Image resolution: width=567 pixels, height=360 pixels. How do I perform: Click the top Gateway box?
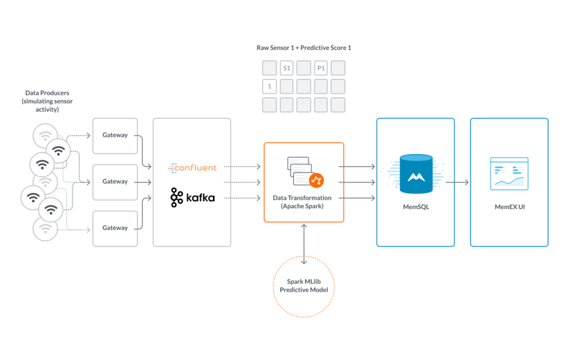click(x=115, y=135)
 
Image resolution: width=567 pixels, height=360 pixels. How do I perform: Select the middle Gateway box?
click(x=115, y=181)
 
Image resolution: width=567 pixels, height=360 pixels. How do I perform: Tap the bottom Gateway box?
click(x=115, y=228)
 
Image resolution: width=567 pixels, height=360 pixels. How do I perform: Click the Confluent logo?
click(x=193, y=168)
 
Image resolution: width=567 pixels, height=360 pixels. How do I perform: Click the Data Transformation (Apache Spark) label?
click(x=303, y=202)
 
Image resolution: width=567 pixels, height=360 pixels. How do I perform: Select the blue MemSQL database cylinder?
click(x=416, y=174)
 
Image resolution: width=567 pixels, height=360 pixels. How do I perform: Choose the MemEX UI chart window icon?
click(x=509, y=174)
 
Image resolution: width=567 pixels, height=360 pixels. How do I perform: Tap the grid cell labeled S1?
click(x=286, y=68)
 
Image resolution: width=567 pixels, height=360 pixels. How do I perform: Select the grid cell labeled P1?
click(x=321, y=68)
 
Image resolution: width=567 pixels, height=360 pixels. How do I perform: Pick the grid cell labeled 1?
click(x=269, y=87)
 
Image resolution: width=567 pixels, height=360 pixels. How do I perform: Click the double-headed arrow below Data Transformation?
click(x=304, y=243)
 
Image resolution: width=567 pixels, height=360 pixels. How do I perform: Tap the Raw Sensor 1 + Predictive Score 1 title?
click(x=304, y=48)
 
